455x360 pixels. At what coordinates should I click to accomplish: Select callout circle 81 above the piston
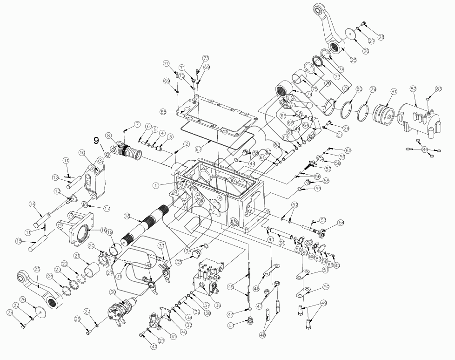coord(394,92)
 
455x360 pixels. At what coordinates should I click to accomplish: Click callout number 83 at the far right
coord(438,88)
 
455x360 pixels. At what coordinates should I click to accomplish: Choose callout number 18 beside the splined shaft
coord(127,216)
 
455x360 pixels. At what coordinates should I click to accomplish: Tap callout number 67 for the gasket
coord(198,149)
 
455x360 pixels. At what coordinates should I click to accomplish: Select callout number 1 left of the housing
coord(156,185)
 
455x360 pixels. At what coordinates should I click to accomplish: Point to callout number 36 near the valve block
coord(217,305)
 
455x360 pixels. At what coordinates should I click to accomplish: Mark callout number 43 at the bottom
coord(231,326)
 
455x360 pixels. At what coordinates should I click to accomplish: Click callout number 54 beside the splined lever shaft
coord(341,223)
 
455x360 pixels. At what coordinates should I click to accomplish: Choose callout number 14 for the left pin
coord(32,204)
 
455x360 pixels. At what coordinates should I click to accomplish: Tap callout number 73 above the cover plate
coord(206,59)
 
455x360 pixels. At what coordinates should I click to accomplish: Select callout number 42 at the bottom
coord(154,346)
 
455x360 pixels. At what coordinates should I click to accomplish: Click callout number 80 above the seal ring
coord(359,89)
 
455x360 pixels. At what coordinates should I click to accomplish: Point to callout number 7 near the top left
coord(137,124)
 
